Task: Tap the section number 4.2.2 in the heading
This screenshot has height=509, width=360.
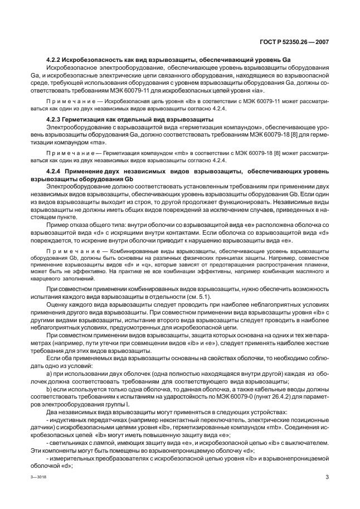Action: tap(54, 59)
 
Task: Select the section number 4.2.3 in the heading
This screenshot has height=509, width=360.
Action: tap(54, 119)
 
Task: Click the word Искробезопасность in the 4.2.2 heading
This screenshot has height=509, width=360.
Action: tap(91, 59)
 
